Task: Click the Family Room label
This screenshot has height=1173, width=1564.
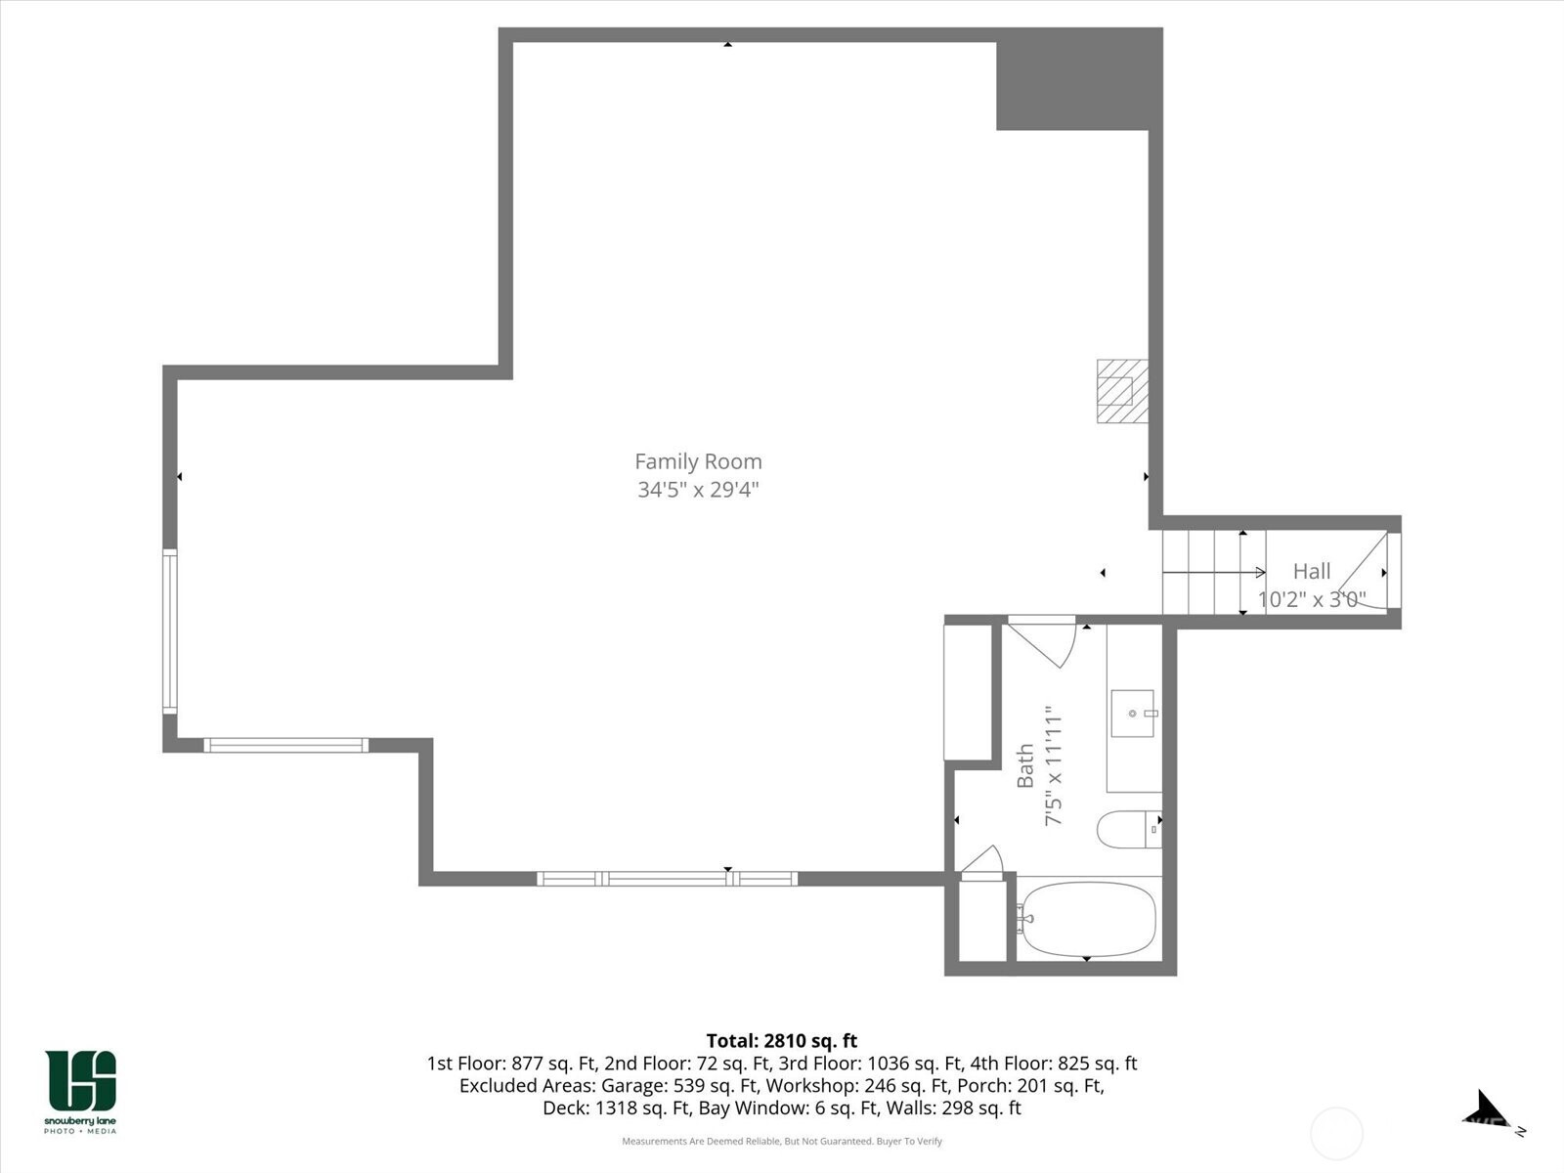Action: click(698, 461)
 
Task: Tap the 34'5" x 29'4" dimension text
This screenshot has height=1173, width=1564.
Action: click(698, 490)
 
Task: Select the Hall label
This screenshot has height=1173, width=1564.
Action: click(1312, 571)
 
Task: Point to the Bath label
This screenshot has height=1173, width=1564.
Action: click(1024, 765)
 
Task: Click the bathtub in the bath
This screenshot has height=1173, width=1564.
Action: click(1087, 920)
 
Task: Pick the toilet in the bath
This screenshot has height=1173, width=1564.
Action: click(1129, 830)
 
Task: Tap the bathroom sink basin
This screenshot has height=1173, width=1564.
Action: click(1132, 713)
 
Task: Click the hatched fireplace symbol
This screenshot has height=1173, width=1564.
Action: click(1122, 391)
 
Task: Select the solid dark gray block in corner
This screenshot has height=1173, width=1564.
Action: click(1079, 79)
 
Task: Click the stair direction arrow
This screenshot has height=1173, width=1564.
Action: click(1214, 572)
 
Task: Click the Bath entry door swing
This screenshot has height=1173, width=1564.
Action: click(1042, 645)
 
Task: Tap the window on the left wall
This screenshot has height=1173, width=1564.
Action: click(169, 631)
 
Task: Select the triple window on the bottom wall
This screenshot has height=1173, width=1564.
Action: click(667, 879)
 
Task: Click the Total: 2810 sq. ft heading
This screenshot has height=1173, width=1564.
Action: click(782, 1041)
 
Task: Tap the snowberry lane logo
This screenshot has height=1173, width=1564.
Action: click(80, 1091)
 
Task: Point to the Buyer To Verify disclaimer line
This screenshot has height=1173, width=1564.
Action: click(782, 1141)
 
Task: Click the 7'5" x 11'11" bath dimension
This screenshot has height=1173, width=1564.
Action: click(1053, 765)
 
